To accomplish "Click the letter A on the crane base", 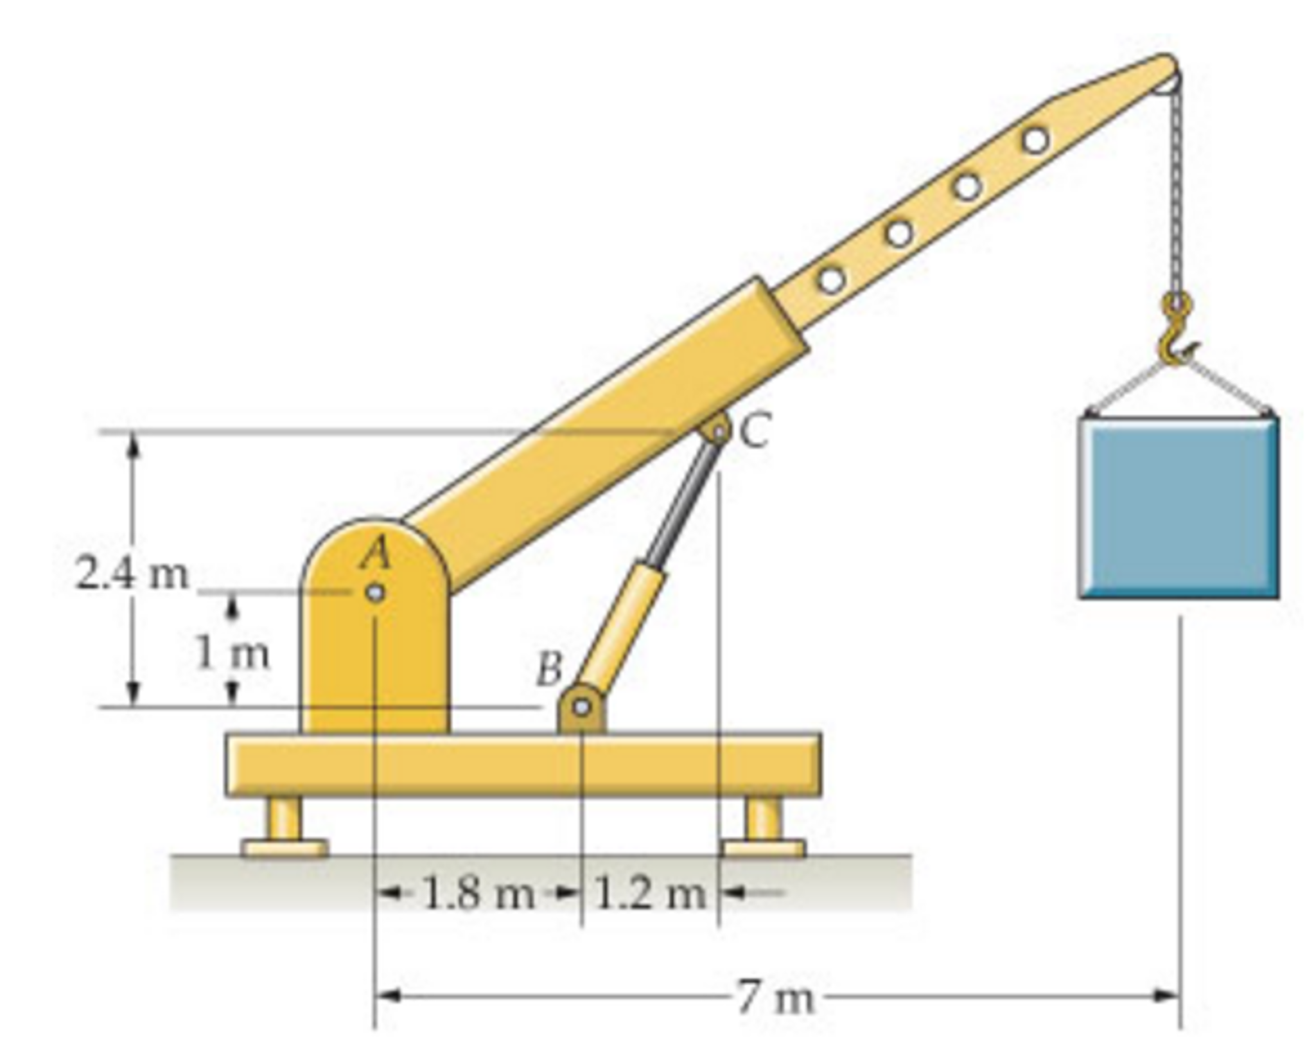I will [x=376, y=553].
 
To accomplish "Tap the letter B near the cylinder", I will [x=549, y=668].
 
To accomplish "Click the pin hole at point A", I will [x=376, y=592].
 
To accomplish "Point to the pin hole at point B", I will [x=582, y=707].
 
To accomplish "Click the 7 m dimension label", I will [x=776, y=998].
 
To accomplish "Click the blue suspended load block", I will [x=1178, y=508].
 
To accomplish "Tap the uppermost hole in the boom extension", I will [x=1035, y=139].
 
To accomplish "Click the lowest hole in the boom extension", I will [x=832, y=281].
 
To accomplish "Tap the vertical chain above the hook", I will [x=1177, y=193].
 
